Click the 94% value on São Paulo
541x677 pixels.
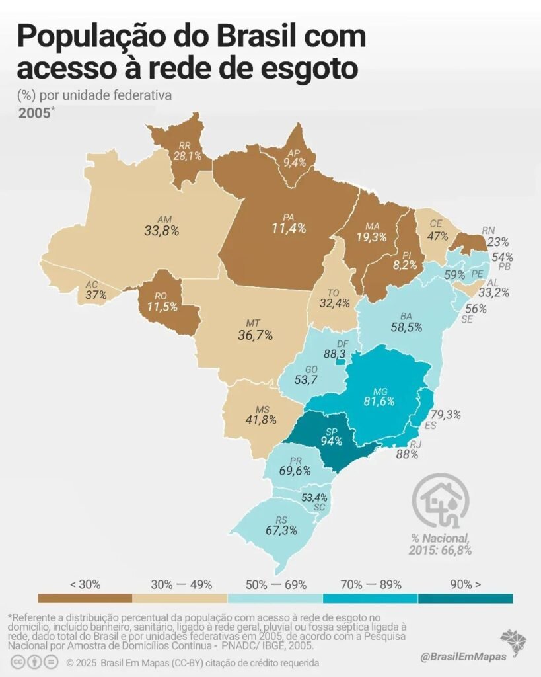tap(332, 441)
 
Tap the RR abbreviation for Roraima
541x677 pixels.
tap(185, 146)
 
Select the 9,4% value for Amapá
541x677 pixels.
tap(295, 163)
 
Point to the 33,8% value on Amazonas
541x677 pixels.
tap(162, 231)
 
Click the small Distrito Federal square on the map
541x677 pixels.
tap(340, 362)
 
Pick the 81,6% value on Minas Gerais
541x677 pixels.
tap(379, 401)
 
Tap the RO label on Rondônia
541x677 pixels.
tap(161, 296)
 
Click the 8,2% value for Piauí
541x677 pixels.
tap(405, 265)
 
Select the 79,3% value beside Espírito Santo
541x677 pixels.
tap(446, 415)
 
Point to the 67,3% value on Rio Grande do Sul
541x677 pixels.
tap(281, 530)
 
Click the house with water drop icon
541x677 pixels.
tap(441, 501)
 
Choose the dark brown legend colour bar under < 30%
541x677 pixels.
tap(85, 598)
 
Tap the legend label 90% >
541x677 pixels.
tap(466, 584)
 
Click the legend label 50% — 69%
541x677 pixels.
tap(276, 584)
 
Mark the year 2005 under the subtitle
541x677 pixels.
tap(34, 113)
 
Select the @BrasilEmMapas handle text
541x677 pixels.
tap(463, 657)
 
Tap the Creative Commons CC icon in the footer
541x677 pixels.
tap(18, 662)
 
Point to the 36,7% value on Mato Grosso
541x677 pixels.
tap(256, 335)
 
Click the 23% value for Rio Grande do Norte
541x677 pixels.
tap(498, 242)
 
